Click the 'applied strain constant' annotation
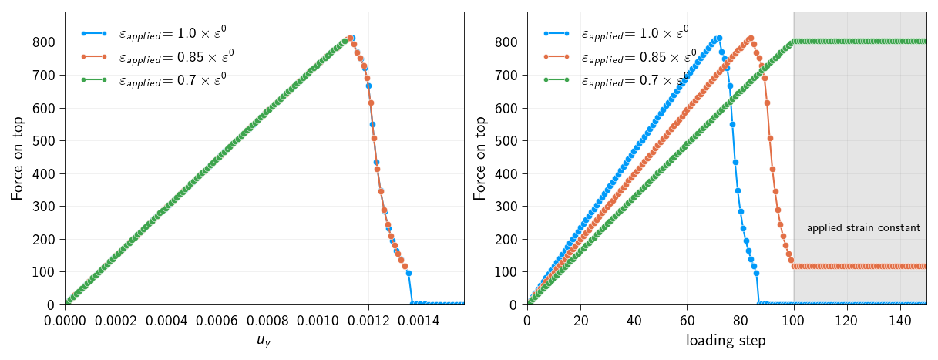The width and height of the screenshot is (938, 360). (x=863, y=228)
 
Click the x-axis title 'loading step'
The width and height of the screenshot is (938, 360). (x=726, y=341)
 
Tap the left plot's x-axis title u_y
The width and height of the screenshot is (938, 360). (x=264, y=341)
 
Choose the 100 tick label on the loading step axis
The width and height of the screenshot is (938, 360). (x=793, y=319)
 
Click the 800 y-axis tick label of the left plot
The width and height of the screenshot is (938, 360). (x=43, y=42)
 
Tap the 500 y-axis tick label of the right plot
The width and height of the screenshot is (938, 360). (x=506, y=141)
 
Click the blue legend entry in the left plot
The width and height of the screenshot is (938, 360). (x=171, y=34)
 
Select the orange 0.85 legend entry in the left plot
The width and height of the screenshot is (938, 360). (x=175, y=56)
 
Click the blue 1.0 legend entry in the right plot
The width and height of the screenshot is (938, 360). (x=634, y=34)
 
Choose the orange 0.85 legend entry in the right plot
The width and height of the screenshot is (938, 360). (x=637, y=56)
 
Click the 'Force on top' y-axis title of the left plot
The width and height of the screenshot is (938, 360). (x=17, y=158)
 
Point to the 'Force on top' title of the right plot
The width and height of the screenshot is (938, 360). (x=479, y=158)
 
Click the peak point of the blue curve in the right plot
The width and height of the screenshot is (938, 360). (x=719, y=38)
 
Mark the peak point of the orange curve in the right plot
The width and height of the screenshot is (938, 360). (x=751, y=38)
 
